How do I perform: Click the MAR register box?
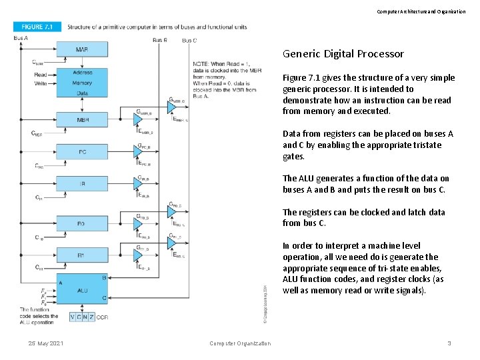(x=82, y=50)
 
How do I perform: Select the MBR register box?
(x=82, y=120)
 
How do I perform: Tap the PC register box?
(x=82, y=152)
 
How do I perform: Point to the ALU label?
(x=82, y=290)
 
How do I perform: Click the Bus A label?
(x=21, y=38)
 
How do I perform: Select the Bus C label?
(x=189, y=40)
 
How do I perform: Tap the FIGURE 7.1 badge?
(x=37, y=27)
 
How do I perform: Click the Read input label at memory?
(x=41, y=75)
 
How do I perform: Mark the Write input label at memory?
(x=41, y=84)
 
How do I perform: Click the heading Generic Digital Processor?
(x=343, y=54)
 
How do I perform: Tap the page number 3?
(x=449, y=343)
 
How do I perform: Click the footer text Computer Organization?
(x=240, y=343)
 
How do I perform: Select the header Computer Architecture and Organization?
(x=421, y=11)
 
